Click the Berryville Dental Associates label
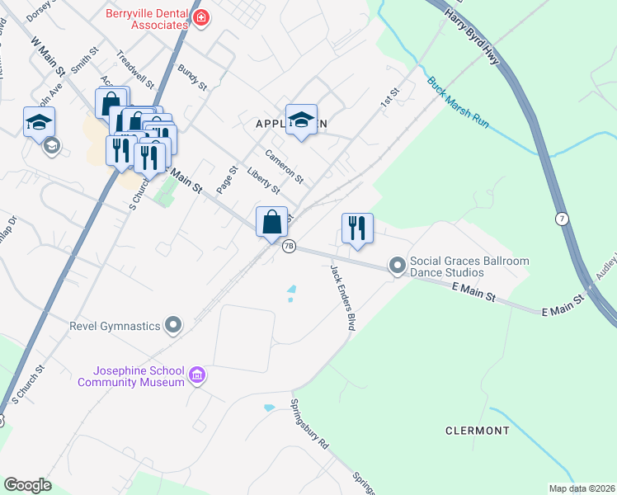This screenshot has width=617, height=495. (x=147, y=19)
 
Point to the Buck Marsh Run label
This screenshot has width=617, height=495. (x=458, y=102)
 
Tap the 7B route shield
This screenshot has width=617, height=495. (x=289, y=246)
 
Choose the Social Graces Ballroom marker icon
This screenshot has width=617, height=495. (x=398, y=265)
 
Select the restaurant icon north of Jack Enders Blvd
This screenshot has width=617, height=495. (x=357, y=228)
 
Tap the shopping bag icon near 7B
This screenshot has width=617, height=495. (x=271, y=221)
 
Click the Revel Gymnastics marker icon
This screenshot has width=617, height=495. (x=173, y=326)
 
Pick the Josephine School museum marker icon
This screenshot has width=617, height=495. (x=196, y=376)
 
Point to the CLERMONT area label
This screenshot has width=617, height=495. (x=478, y=431)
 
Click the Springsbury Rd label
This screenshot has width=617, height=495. (x=309, y=424)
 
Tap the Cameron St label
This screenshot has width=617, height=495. (x=285, y=166)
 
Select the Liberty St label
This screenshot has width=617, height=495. (x=265, y=181)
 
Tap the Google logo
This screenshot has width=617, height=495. (x=27, y=485)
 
